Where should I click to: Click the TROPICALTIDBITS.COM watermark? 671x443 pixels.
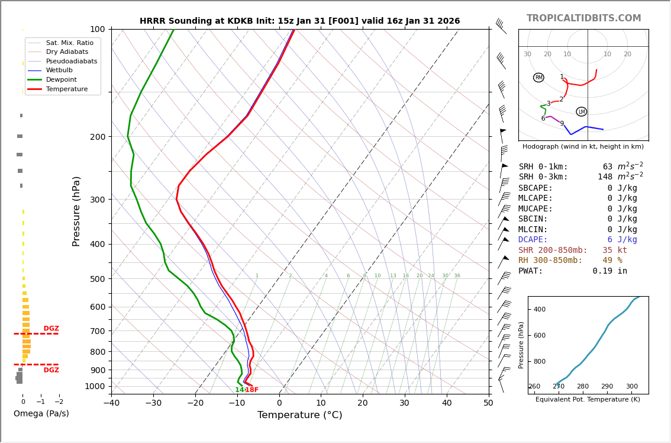point(583,18)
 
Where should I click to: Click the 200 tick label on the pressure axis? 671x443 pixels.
point(97,137)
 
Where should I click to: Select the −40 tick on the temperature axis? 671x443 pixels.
point(111,403)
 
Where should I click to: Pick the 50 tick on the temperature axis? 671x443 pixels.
point(488,403)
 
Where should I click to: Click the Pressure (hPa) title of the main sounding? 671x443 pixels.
point(76,211)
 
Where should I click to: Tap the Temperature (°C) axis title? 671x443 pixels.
point(299,415)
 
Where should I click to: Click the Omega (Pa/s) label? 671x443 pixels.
point(41,414)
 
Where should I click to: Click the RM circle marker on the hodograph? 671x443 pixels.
point(538,78)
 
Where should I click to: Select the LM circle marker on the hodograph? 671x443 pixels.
point(582,112)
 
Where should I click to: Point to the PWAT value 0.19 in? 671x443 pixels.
point(609,271)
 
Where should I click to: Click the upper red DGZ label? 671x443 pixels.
point(51,329)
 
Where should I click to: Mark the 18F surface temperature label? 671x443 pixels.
point(251,390)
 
